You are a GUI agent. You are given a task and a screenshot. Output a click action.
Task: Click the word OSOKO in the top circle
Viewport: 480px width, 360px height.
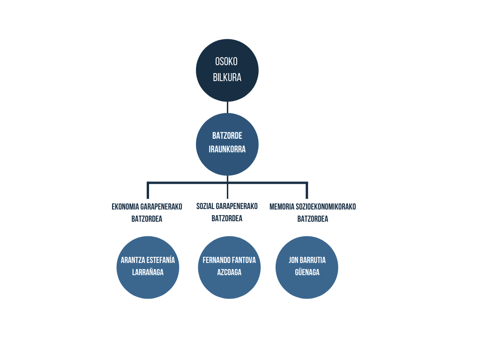(226, 61)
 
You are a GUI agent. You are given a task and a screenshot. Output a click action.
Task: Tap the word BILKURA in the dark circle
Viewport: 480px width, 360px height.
(227, 77)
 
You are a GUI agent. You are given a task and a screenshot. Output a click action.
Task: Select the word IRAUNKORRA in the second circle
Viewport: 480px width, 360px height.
(227, 149)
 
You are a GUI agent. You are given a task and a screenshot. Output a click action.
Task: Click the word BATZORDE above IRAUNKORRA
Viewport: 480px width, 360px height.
(227, 135)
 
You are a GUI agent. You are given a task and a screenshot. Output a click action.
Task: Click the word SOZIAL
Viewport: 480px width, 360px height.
(205, 206)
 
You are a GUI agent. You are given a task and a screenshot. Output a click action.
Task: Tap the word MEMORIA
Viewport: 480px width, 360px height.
(282, 207)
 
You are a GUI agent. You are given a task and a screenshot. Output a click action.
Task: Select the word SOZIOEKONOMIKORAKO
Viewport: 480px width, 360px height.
(326, 207)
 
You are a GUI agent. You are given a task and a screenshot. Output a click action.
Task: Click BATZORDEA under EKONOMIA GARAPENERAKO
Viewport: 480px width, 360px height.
(147, 219)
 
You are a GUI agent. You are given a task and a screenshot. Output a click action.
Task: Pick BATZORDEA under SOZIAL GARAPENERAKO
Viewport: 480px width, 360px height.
(227, 218)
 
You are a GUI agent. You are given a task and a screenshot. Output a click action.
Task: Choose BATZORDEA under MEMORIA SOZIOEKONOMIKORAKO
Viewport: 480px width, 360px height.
(313, 219)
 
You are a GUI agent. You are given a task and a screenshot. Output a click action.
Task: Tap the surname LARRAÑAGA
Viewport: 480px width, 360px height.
(148, 272)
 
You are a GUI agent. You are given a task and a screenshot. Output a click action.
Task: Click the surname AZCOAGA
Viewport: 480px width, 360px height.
(229, 272)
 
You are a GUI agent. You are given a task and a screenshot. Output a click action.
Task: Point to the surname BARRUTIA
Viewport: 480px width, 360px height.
(313, 260)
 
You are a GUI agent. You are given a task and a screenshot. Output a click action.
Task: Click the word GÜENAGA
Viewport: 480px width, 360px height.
(307, 272)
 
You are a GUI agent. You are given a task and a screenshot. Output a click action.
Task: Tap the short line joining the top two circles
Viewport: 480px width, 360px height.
(227, 107)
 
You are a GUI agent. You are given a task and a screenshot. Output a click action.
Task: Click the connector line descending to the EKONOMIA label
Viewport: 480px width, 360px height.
(148, 190)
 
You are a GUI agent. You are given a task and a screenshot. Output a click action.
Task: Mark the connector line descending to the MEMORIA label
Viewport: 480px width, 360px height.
(307, 190)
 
